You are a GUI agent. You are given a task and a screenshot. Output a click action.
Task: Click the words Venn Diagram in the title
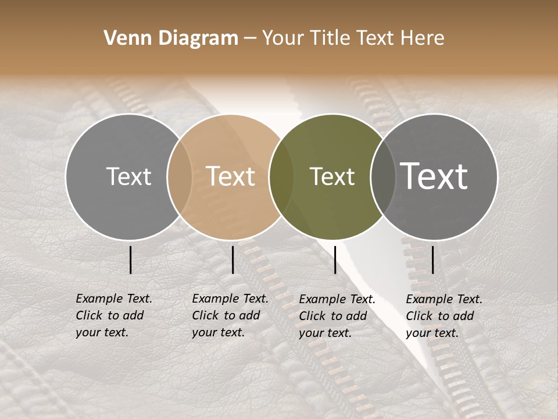click(171, 38)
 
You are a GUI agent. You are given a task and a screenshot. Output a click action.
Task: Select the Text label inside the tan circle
click(231, 176)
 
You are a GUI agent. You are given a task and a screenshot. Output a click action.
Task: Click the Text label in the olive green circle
click(332, 176)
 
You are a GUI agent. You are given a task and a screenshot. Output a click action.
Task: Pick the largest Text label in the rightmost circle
click(434, 176)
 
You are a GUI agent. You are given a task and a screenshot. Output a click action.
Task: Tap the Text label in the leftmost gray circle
click(128, 176)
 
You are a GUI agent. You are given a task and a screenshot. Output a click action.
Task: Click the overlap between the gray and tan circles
click(180, 176)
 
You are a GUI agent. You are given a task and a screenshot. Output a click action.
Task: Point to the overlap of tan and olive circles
click(281, 176)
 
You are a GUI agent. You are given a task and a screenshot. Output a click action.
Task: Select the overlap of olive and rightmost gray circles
click(382, 176)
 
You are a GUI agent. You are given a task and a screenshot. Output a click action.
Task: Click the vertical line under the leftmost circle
click(131, 260)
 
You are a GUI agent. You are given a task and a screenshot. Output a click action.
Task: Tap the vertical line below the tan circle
click(233, 260)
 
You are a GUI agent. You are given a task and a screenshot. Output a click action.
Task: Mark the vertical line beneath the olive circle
click(335, 260)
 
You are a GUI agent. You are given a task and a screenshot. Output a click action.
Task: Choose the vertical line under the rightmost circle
click(433, 260)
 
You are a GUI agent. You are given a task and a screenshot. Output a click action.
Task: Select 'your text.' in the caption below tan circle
click(218, 332)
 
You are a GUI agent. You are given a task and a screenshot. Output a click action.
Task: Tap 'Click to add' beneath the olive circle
click(333, 316)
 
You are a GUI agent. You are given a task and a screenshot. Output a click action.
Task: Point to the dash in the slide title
click(250, 38)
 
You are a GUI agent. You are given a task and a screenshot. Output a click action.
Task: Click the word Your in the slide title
click(284, 38)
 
